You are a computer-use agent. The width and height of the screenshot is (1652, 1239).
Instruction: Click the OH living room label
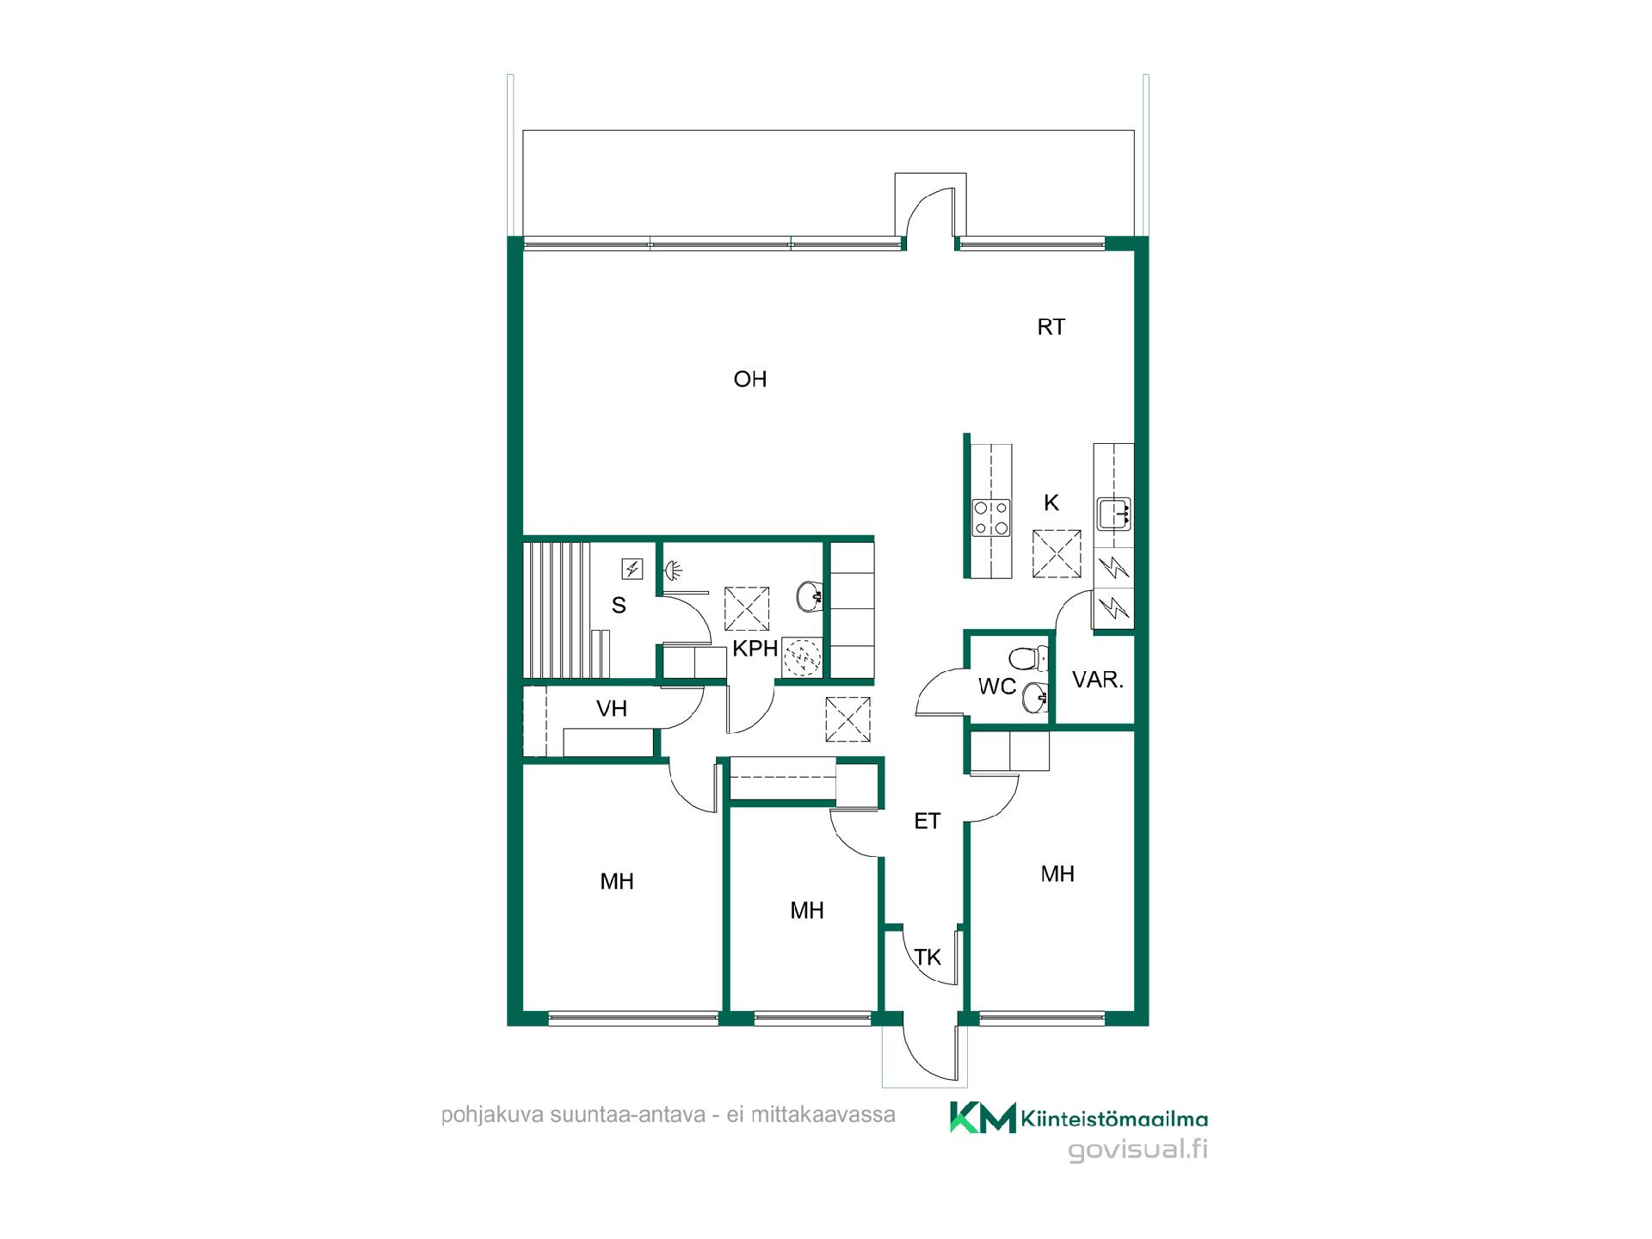point(749,379)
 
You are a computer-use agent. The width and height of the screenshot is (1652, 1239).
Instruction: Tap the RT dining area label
point(1051,327)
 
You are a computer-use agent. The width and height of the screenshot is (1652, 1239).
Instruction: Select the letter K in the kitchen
point(1051,503)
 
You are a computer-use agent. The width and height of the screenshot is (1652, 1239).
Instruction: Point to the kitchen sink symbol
point(1114,515)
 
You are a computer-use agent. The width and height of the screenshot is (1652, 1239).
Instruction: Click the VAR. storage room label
point(1098,680)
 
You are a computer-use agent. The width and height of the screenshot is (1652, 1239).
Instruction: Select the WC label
point(997,687)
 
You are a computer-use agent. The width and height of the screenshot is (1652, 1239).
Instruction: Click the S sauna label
point(619,606)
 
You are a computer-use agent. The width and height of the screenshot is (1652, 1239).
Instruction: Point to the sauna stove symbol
point(632,569)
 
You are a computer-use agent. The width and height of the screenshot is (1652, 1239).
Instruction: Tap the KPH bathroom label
point(755,649)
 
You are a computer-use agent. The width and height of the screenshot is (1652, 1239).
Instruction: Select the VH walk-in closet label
point(612,709)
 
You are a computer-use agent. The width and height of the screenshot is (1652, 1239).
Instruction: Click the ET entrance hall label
point(927,822)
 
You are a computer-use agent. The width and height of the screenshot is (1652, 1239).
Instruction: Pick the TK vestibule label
point(928,958)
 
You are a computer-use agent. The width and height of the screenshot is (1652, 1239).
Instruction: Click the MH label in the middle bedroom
point(807,910)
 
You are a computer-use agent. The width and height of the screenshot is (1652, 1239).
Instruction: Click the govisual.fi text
point(1137,1150)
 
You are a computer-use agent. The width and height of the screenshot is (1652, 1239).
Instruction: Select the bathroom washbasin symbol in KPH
point(811,595)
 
